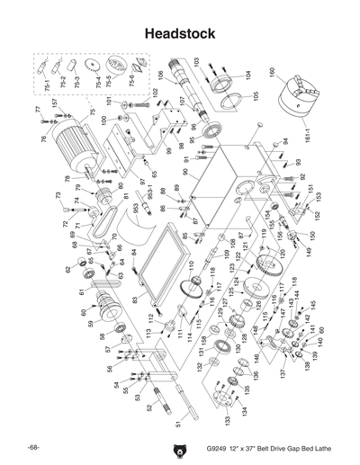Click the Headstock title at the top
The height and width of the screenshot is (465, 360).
(180, 34)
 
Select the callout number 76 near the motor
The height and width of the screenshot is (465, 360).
(43, 139)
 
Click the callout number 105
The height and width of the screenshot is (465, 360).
(256, 95)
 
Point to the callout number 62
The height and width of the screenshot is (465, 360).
(67, 269)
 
